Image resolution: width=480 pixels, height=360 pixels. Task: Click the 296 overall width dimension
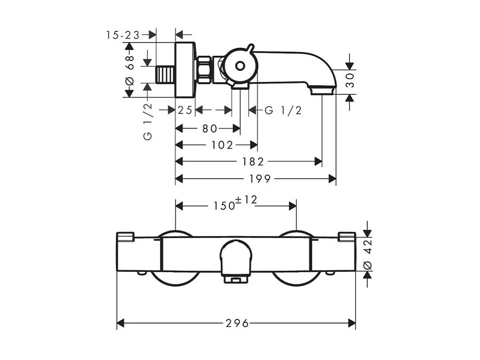[237, 324]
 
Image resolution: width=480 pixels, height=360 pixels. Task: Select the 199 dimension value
[260, 179]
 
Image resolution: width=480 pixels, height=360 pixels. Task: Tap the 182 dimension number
[253, 162]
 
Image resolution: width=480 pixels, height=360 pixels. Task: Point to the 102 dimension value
[222, 145]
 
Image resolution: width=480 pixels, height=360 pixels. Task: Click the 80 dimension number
[210, 129]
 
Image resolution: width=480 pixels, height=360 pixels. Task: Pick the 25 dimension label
[185, 111]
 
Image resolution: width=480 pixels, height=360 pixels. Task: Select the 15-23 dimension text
[123, 35]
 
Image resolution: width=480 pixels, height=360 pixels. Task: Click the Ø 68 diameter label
[130, 70]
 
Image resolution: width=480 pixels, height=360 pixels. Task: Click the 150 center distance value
[224, 205]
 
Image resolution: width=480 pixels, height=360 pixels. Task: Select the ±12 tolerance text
[246, 200]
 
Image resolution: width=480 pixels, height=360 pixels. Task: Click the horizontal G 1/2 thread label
[283, 111]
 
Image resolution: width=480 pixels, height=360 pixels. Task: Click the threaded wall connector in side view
[165, 75]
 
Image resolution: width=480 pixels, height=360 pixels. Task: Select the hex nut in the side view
[203, 70]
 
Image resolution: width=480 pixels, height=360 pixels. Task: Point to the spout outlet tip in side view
[322, 91]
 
